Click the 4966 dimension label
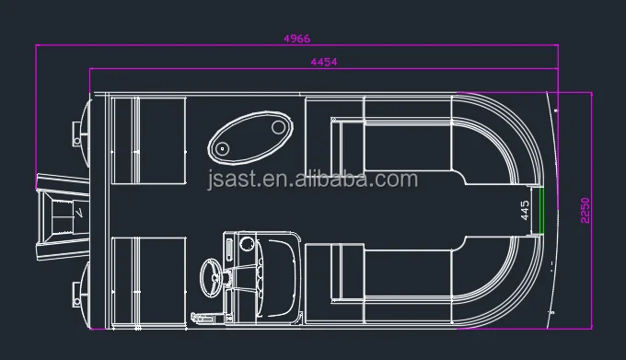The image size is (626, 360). [297, 39]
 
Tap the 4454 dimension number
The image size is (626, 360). [324, 62]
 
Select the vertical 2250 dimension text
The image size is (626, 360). [585, 210]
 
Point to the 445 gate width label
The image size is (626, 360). [525, 210]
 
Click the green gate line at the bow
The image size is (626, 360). [541, 211]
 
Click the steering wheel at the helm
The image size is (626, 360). [211, 277]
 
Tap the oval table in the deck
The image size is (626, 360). [250, 138]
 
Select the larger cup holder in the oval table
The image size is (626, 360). [278, 127]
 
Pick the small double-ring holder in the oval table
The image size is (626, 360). [222, 149]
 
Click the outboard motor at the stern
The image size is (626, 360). [64, 216]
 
